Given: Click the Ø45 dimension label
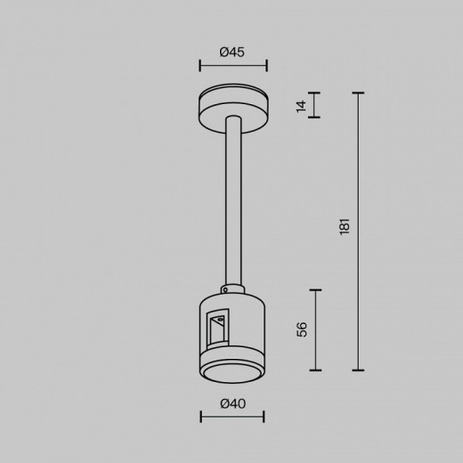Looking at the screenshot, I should coord(232,53).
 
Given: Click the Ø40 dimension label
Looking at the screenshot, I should coord(231,403).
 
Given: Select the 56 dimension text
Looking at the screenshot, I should coord(303,329).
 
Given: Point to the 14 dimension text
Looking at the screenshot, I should coord(302,106).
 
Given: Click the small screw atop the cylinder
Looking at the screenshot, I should coord(231,287).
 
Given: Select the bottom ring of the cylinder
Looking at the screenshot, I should coord(231,374).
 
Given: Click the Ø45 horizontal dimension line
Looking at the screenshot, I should coord(231,65).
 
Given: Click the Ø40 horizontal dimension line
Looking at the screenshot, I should coord(231,416).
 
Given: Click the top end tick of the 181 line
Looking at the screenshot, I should coord(359,93).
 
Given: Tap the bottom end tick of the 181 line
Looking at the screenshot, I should coord(359,370).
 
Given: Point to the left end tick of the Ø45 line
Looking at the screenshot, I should coord(199,65).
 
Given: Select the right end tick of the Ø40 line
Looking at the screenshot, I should coord(264,416).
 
